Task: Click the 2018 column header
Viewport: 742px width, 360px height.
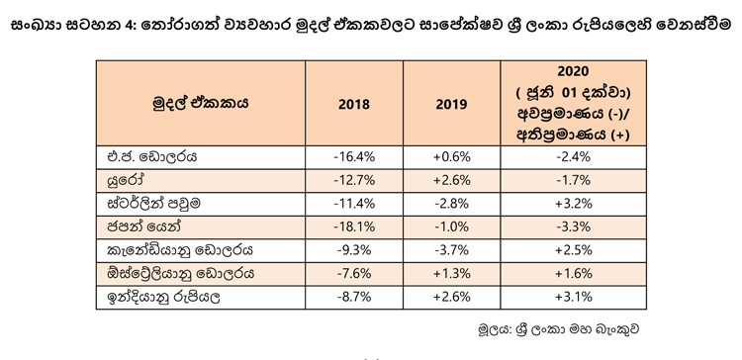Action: click(x=354, y=104)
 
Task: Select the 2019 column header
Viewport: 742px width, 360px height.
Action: click(x=451, y=104)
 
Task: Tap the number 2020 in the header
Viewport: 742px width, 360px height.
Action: click(x=573, y=71)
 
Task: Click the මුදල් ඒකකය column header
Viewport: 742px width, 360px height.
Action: click(x=200, y=103)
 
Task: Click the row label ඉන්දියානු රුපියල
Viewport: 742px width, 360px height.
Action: click(x=164, y=298)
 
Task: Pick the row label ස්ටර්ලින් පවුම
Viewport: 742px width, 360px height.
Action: click(x=154, y=204)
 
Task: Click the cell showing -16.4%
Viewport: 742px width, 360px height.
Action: click(x=354, y=157)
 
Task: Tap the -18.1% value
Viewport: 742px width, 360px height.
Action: click(x=354, y=227)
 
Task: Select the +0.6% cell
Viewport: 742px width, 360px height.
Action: click(x=451, y=157)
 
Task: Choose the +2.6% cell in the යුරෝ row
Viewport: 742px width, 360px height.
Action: click(x=451, y=181)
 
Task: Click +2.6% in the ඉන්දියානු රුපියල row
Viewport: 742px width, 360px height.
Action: click(x=451, y=298)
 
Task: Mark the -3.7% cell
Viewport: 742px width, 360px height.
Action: click(x=451, y=251)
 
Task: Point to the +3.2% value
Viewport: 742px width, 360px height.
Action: click(x=573, y=204)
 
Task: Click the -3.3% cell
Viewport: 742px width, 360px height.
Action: click(x=573, y=227)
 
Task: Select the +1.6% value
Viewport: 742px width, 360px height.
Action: click(x=573, y=274)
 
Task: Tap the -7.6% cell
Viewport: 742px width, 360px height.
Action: click(x=354, y=274)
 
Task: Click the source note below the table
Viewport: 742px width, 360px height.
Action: click(x=559, y=329)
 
